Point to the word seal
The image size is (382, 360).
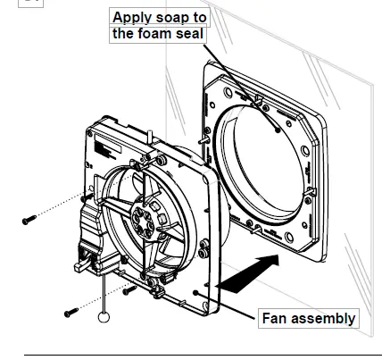(x=197, y=35)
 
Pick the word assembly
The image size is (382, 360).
(x=325, y=318)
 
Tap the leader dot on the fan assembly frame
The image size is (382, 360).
(x=195, y=292)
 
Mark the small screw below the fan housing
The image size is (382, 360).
(x=130, y=289)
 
